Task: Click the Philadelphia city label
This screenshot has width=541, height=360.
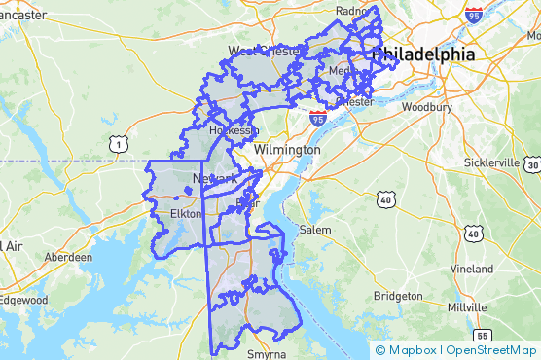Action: (x=424, y=54)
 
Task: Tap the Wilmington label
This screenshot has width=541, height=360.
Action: (x=286, y=151)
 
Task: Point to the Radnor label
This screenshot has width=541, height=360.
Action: (x=350, y=12)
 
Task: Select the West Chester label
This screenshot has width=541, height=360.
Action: (x=265, y=51)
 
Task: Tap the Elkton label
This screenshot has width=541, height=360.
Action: (x=185, y=213)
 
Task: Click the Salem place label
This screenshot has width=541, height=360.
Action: (x=315, y=230)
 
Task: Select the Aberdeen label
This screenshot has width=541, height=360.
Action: (x=68, y=257)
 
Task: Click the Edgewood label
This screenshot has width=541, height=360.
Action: (x=23, y=301)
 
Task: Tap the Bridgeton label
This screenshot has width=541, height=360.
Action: (x=398, y=295)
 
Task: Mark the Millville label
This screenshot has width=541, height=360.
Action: (x=467, y=306)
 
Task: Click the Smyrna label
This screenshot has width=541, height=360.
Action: (x=265, y=354)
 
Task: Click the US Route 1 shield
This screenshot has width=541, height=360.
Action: (x=118, y=144)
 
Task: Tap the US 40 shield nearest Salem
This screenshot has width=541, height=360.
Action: (x=386, y=199)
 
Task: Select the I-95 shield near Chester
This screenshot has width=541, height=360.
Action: (x=317, y=118)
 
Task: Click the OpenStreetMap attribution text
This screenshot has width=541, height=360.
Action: (x=488, y=350)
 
